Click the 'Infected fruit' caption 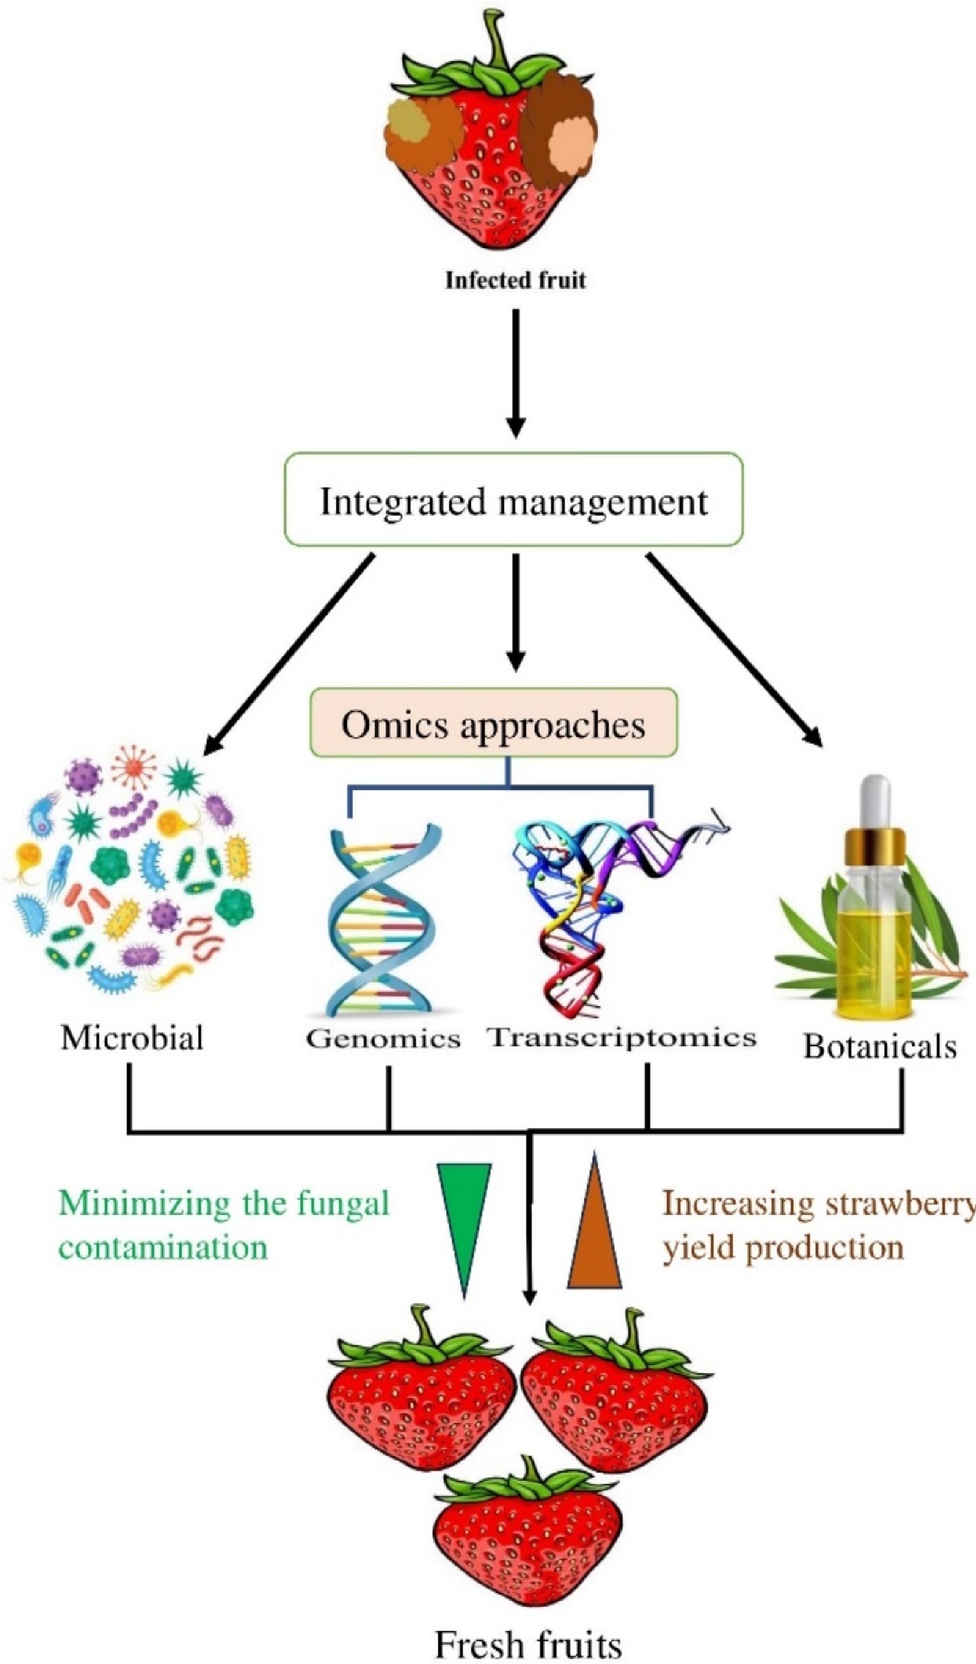(x=515, y=280)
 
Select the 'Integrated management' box (x=514, y=501)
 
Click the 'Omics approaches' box (x=493, y=725)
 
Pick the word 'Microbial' (x=132, y=1038)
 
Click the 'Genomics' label (x=383, y=1039)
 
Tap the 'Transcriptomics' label (x=622, y=1037)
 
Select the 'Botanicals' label (x=880, y=1047)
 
